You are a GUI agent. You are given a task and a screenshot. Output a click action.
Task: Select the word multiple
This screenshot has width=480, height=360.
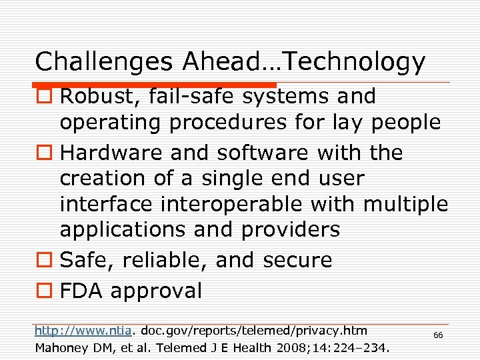point(405,203)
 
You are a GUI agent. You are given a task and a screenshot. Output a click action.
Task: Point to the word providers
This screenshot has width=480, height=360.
point(290,230)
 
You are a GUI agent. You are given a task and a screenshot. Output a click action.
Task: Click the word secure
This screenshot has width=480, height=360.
point(297,260)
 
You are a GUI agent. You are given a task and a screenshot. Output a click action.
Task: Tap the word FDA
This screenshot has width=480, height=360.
point(81,291)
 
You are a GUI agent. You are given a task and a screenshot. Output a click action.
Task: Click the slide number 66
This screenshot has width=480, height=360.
point(438,335)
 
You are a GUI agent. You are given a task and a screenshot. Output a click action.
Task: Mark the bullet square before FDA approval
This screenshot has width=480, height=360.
point(43,291)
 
